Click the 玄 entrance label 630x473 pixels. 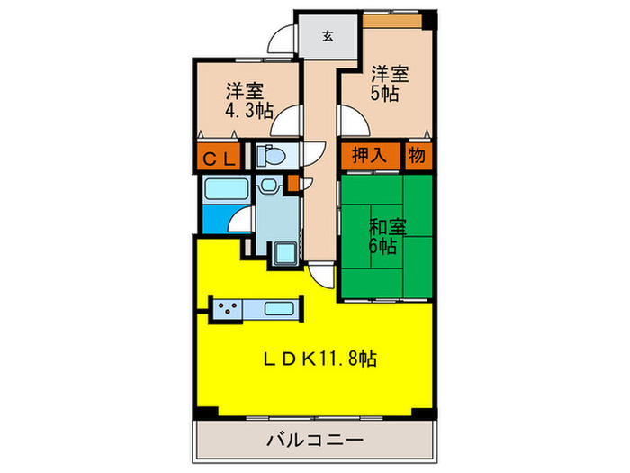pyautogui.click(x=328, y=36)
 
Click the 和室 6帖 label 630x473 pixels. pyautogui.click(x=384, y=234)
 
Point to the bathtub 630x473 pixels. pyautogui.click(x=226, y=190)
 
